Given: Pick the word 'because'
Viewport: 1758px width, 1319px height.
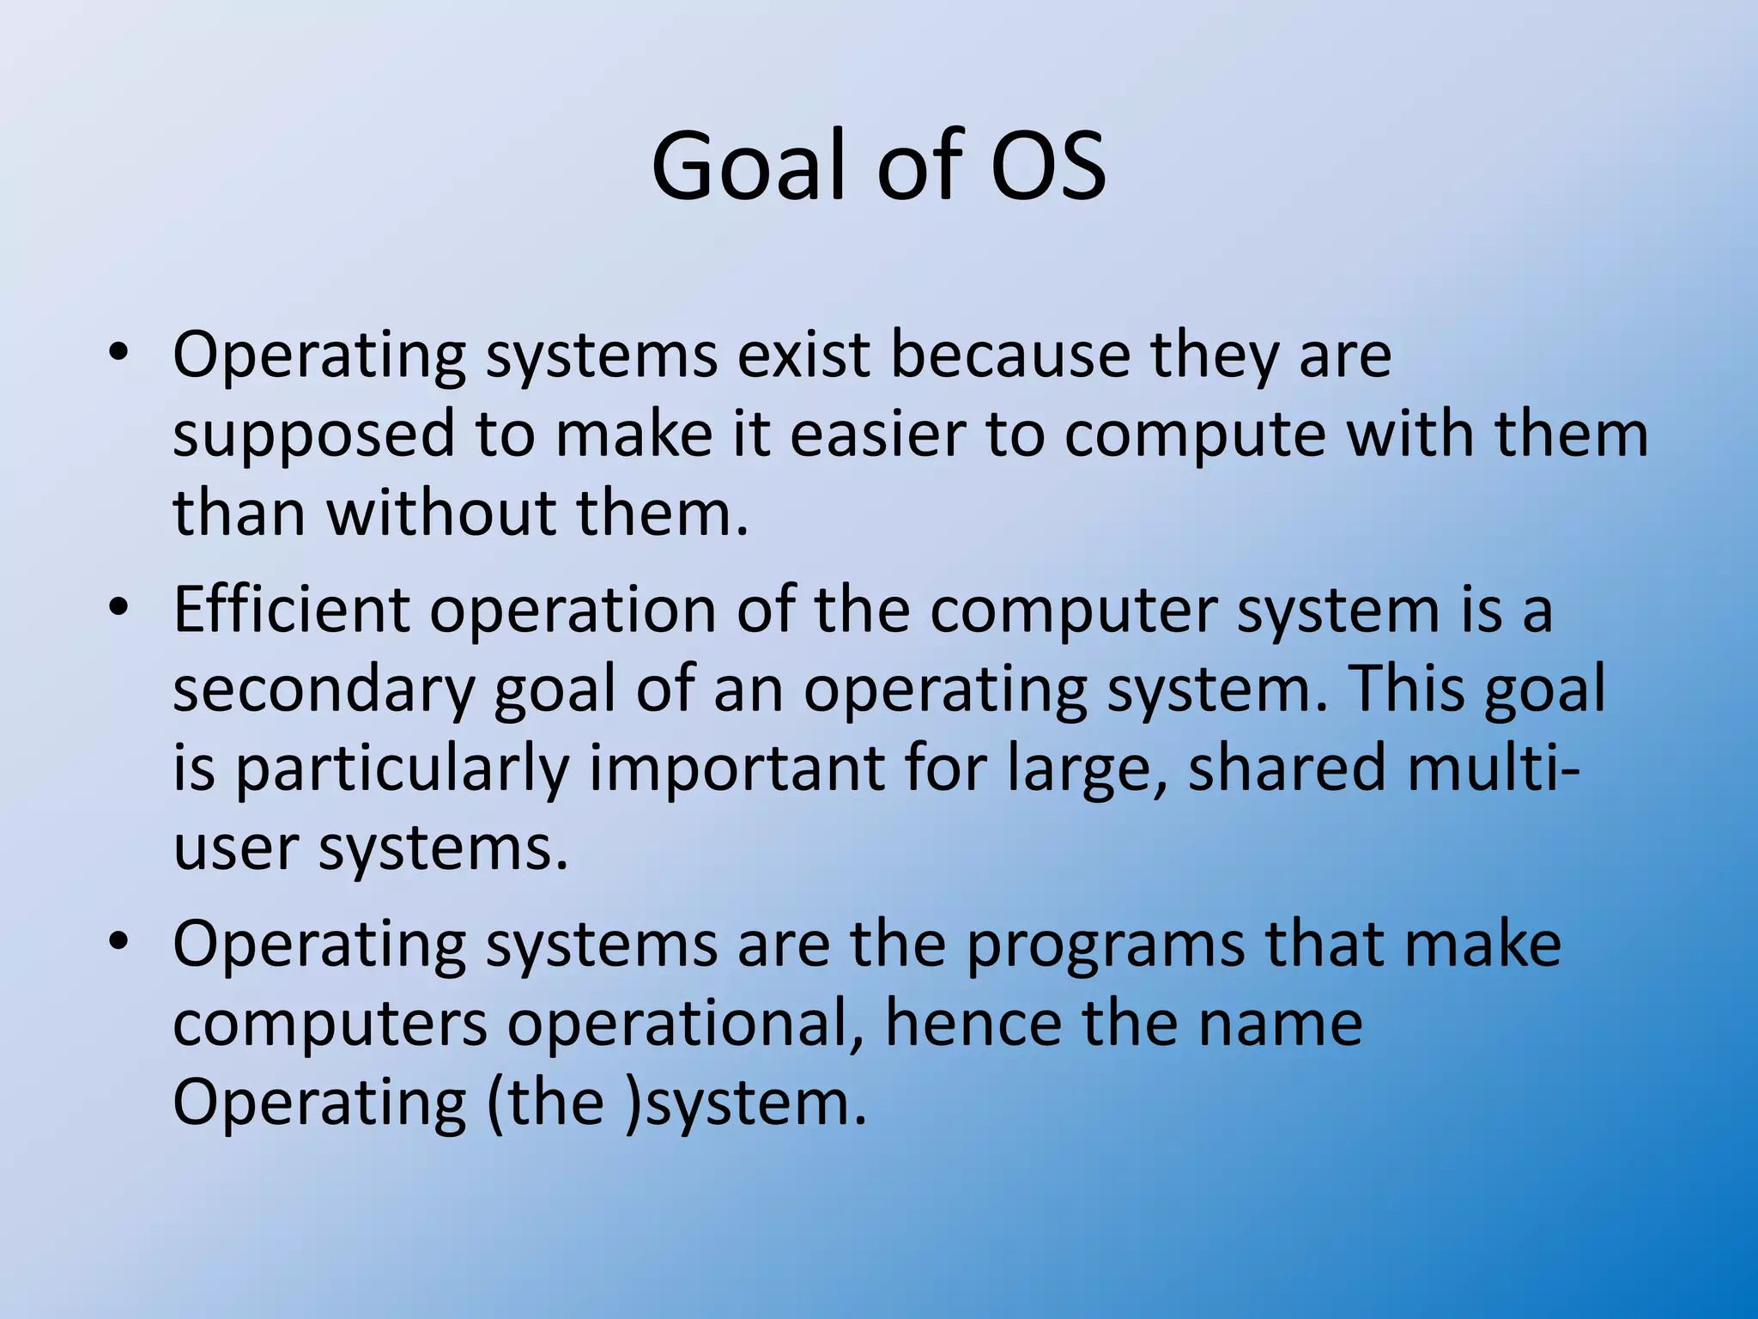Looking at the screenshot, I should pyautogui.click(x=1010, y=354).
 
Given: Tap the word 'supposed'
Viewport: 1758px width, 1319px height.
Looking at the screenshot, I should pyautogui.click(x=313, y=435).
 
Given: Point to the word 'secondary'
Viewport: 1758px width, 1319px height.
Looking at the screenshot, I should pyautogui.click(x=324, y=690).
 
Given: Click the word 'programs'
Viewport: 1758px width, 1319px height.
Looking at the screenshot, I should pyautogui.click(x=1106, y=945).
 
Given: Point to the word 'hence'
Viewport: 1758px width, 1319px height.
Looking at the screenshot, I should pyautogui.click(x=973, y=1024).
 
